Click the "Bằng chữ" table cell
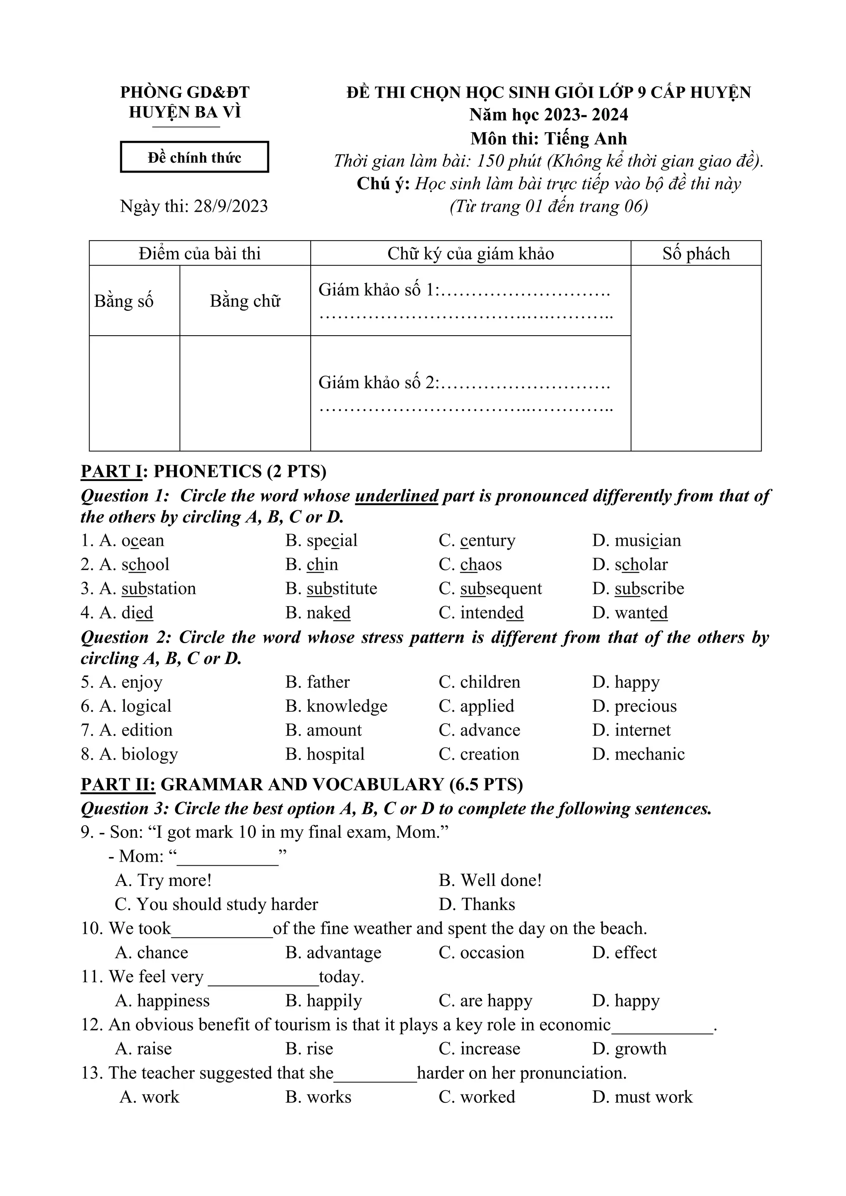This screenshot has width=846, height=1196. [245, 301]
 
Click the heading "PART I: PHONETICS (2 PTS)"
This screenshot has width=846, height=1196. [203, 471]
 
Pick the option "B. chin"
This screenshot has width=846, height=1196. [312, 565]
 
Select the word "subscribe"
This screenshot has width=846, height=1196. [649, 589]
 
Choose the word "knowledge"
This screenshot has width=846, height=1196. [347, 706]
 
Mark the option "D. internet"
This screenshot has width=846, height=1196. [631, 730]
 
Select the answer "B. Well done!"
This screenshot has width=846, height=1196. [490, 880]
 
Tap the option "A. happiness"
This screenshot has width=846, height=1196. [162, 1000]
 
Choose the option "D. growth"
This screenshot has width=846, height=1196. [629, 1049]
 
